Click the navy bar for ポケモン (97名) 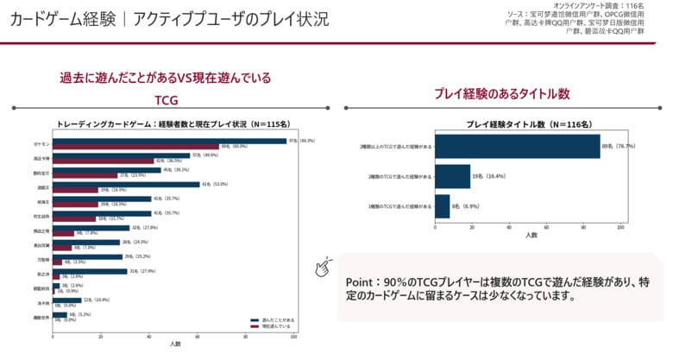coord(169,141)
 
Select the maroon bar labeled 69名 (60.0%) coord(135,147)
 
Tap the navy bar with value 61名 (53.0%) coord(126,184)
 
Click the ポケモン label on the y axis coord(42,143)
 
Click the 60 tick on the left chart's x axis coord(198,338)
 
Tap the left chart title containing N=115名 coord(172,124)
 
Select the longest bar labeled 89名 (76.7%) coord(518,146)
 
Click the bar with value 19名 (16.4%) coord(453,176)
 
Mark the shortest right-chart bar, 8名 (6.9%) coord(443,206)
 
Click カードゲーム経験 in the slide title coord(59,19)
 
